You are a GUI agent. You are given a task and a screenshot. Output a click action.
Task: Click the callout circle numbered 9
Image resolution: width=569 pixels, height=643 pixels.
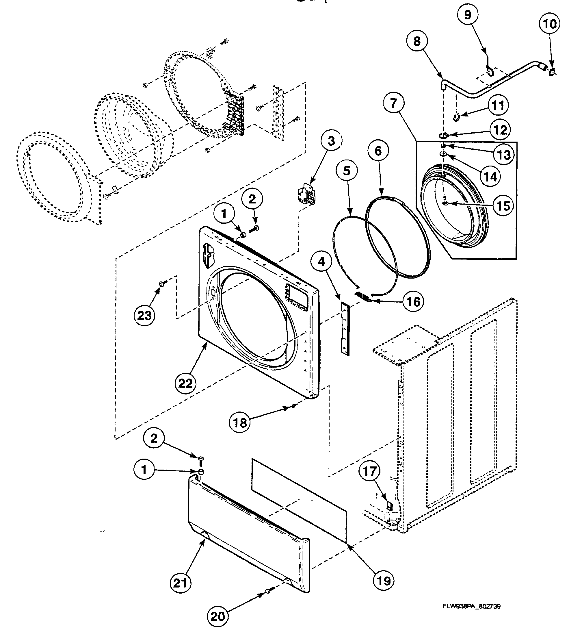[x=467, y=15]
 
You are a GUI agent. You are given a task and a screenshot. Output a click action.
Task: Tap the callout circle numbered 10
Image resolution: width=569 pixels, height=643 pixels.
[x=550, y=24]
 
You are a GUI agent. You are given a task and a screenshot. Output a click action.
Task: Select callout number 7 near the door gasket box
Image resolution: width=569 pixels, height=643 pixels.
[x=394, y=103]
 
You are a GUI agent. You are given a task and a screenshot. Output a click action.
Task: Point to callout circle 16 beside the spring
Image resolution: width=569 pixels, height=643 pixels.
[x=413, y=302]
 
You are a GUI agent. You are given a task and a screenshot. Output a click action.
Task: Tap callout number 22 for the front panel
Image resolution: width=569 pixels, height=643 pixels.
[x=185, y=383]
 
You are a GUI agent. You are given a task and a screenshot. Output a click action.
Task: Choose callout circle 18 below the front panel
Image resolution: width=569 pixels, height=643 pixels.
[x=240, y=423]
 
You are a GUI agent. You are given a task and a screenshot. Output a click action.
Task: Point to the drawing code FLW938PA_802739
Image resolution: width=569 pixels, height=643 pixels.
[x=471, y=615]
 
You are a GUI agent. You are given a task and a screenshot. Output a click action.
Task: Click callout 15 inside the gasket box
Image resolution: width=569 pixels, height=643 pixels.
[x=503, y=206]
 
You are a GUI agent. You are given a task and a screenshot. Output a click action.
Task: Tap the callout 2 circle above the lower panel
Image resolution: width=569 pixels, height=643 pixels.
[x=154, y=438]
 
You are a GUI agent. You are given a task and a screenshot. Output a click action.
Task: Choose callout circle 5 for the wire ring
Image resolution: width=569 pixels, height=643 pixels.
[x=346, y=171]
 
